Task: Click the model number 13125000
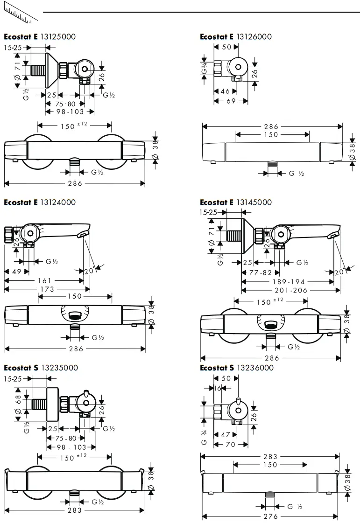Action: [58, 36]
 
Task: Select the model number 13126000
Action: [254, 36]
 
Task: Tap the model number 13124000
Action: [58, 202]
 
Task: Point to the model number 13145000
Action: [254, 202]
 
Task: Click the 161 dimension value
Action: [45, 280]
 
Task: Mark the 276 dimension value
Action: [270, 516]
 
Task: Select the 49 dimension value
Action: [17, 271]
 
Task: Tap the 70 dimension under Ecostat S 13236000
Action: [230, 445]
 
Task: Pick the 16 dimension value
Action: [218, 388]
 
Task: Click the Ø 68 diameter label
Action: [18, 404]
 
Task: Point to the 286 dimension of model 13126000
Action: [270, 126]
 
